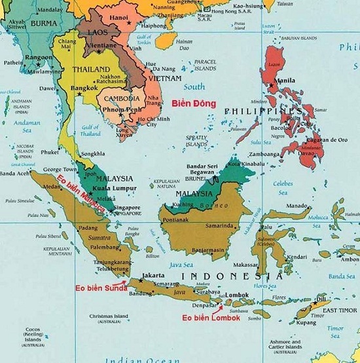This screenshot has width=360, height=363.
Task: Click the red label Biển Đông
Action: [189, 103]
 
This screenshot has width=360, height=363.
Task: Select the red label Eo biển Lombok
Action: [211, 318]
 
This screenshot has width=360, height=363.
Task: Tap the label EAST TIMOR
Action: [339, 310]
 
